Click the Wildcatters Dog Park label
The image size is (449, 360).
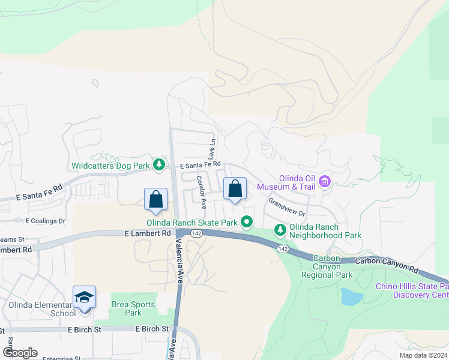[x=110, y=166]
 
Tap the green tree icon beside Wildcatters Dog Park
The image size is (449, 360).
[x=158, y=164]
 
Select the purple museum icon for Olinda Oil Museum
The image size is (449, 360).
[x=325, y=180]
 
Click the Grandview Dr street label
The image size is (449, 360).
[x=286, y=207]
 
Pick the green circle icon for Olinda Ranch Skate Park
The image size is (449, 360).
[x=247, y=223]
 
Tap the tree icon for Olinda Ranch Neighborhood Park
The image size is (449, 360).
[x=280, y=229]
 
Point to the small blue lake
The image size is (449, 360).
[x=350, y=296]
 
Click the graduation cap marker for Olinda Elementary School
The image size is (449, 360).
[x=84, y=298]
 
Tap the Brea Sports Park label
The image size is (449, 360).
[x=126, y=308]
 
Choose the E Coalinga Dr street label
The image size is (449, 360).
[x=45, y=221]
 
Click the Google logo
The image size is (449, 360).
[x=19, y=353]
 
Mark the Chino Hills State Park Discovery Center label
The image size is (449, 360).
[x=412, y=290]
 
